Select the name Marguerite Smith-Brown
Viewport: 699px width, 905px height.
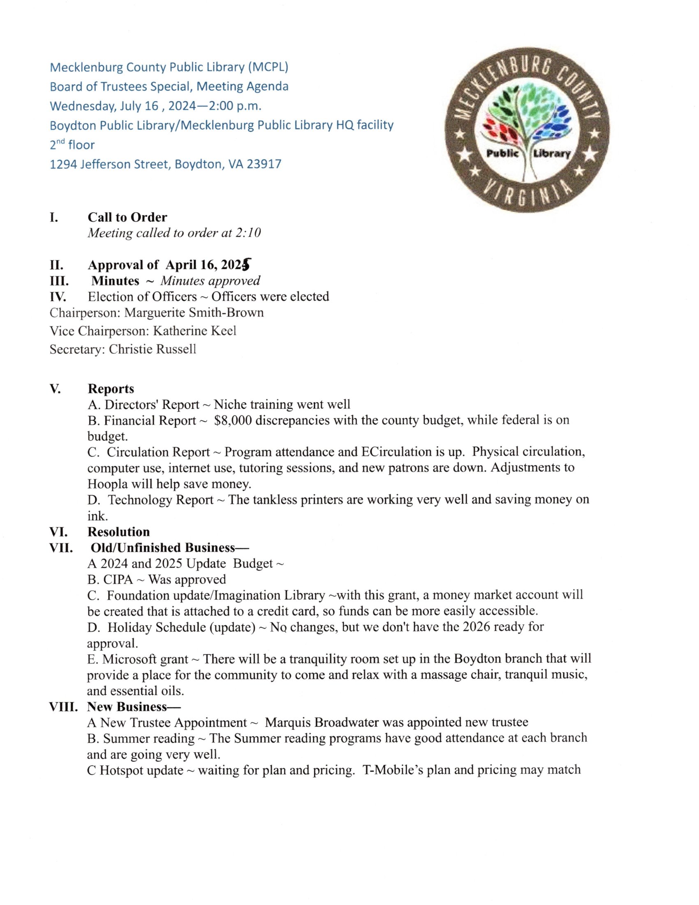coord(194,313)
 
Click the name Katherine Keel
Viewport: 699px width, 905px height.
coord(194,331)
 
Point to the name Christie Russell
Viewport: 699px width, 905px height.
coord(153,349)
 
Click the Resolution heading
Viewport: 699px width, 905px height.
coord(118,531)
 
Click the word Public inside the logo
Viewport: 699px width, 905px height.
coord(502,153)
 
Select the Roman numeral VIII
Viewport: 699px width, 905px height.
coord(63,706)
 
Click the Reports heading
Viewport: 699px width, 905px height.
coord(111,389)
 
